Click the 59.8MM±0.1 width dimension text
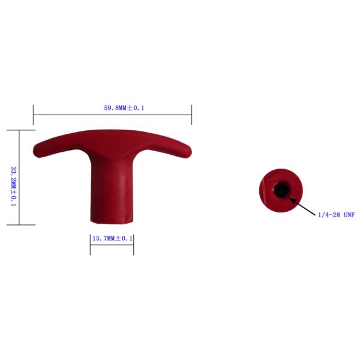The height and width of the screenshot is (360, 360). coord(124,108)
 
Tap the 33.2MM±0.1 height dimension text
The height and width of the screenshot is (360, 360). coord(14,186)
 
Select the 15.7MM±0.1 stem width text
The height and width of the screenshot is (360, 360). coord(113,238)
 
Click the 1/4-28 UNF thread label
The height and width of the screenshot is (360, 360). coord(337,215)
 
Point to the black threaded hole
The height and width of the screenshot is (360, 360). coord(281,190)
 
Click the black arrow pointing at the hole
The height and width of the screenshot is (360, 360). coord(302,206)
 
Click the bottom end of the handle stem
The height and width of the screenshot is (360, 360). coord(112,222)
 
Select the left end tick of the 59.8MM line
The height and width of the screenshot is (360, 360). coord(33,115)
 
